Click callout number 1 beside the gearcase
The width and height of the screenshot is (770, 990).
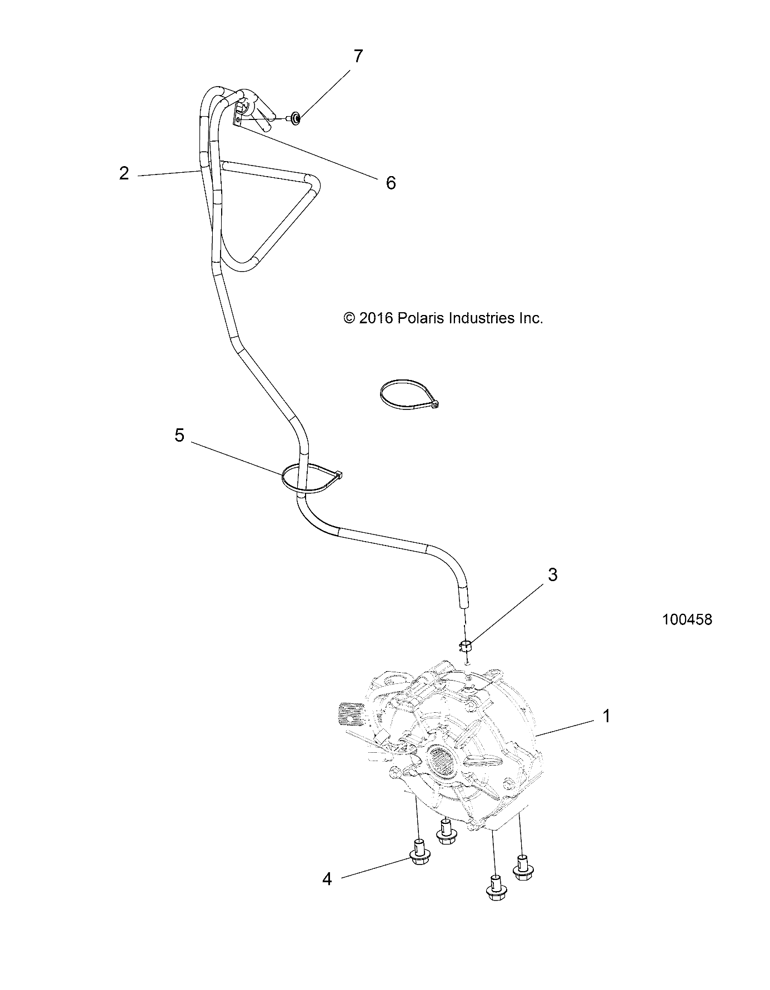click(x=607, y=716)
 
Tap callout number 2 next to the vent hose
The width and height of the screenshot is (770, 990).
click(x=124, y=173)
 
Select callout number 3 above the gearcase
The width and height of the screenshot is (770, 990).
click(x=552, y=574)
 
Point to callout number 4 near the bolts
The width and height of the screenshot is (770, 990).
click(x=327, y=894)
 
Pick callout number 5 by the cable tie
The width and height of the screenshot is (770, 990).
click(x=179, y=435)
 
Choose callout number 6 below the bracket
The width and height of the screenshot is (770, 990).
click(x=391, y=182)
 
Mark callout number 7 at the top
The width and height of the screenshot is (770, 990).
click(x=358, y=56)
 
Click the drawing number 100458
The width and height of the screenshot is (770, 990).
click(x=687, y=619)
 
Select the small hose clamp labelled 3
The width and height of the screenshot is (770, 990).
click(x=465, y=646)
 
